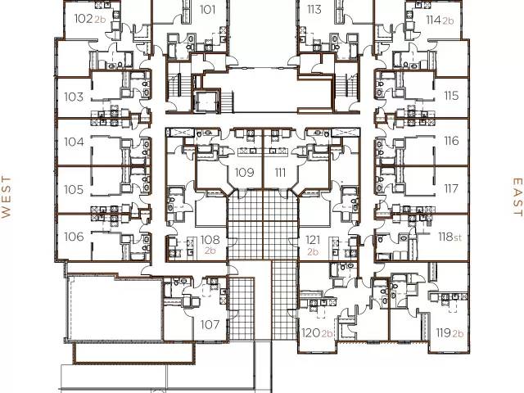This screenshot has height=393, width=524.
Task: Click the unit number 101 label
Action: coord(207,11)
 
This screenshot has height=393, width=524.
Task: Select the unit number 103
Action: coord(74,97)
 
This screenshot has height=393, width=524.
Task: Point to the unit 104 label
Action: coord(74,142)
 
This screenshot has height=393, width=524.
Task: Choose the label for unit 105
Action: coord(74,189)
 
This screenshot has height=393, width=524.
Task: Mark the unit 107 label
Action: coord(210,324)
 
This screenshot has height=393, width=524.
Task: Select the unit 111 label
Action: coord(279,172)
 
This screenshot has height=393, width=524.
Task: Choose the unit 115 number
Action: coord(451,96)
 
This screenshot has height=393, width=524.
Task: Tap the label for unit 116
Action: coord(451,141)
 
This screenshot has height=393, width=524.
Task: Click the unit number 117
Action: coord(451,188)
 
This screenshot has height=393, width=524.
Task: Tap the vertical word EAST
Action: coord(517,196)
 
